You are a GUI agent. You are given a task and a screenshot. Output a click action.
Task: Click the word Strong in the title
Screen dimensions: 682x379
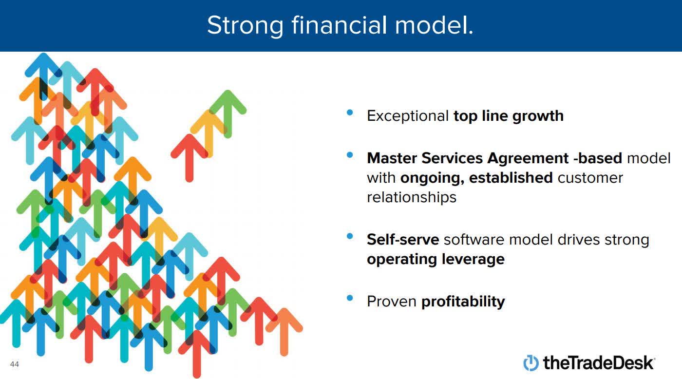[245, 25]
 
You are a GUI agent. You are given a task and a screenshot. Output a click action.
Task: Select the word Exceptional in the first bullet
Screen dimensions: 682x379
[408, 116]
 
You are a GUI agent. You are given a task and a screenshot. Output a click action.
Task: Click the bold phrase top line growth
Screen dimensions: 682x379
[509, 116]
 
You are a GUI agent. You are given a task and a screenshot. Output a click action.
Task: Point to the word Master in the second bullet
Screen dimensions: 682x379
[392, 158]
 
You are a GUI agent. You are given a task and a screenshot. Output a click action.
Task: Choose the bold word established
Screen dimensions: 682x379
[511, 178]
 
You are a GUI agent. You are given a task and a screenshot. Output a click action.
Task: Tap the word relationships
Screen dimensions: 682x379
[412, 198]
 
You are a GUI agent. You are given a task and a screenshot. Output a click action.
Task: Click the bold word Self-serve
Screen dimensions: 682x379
[403, 240]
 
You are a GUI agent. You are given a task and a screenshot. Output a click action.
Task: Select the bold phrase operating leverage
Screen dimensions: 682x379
[436, 260]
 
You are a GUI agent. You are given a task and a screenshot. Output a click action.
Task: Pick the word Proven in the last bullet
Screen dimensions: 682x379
[392, 302]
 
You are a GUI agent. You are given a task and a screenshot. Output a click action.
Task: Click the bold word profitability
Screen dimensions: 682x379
[463, 302]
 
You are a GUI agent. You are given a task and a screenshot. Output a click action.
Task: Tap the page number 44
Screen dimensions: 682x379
[15, 364]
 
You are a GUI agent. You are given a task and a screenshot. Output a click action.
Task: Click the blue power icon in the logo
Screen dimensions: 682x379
[531, 363]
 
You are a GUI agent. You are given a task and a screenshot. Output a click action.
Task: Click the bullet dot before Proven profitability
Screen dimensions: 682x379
[350, 298]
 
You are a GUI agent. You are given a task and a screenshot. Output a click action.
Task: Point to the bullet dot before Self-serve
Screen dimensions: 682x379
[350, 236]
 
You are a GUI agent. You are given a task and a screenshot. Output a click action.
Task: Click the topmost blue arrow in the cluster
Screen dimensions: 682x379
[43, 76]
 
